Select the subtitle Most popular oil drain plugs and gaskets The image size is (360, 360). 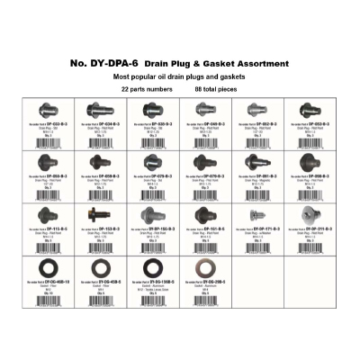tap(179, 77)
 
